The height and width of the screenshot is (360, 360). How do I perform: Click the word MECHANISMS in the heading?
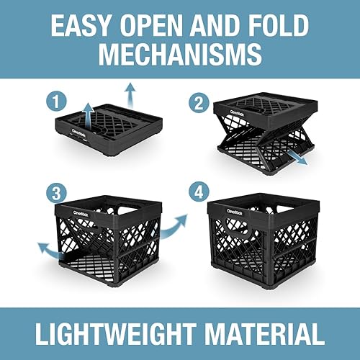(179, 55)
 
